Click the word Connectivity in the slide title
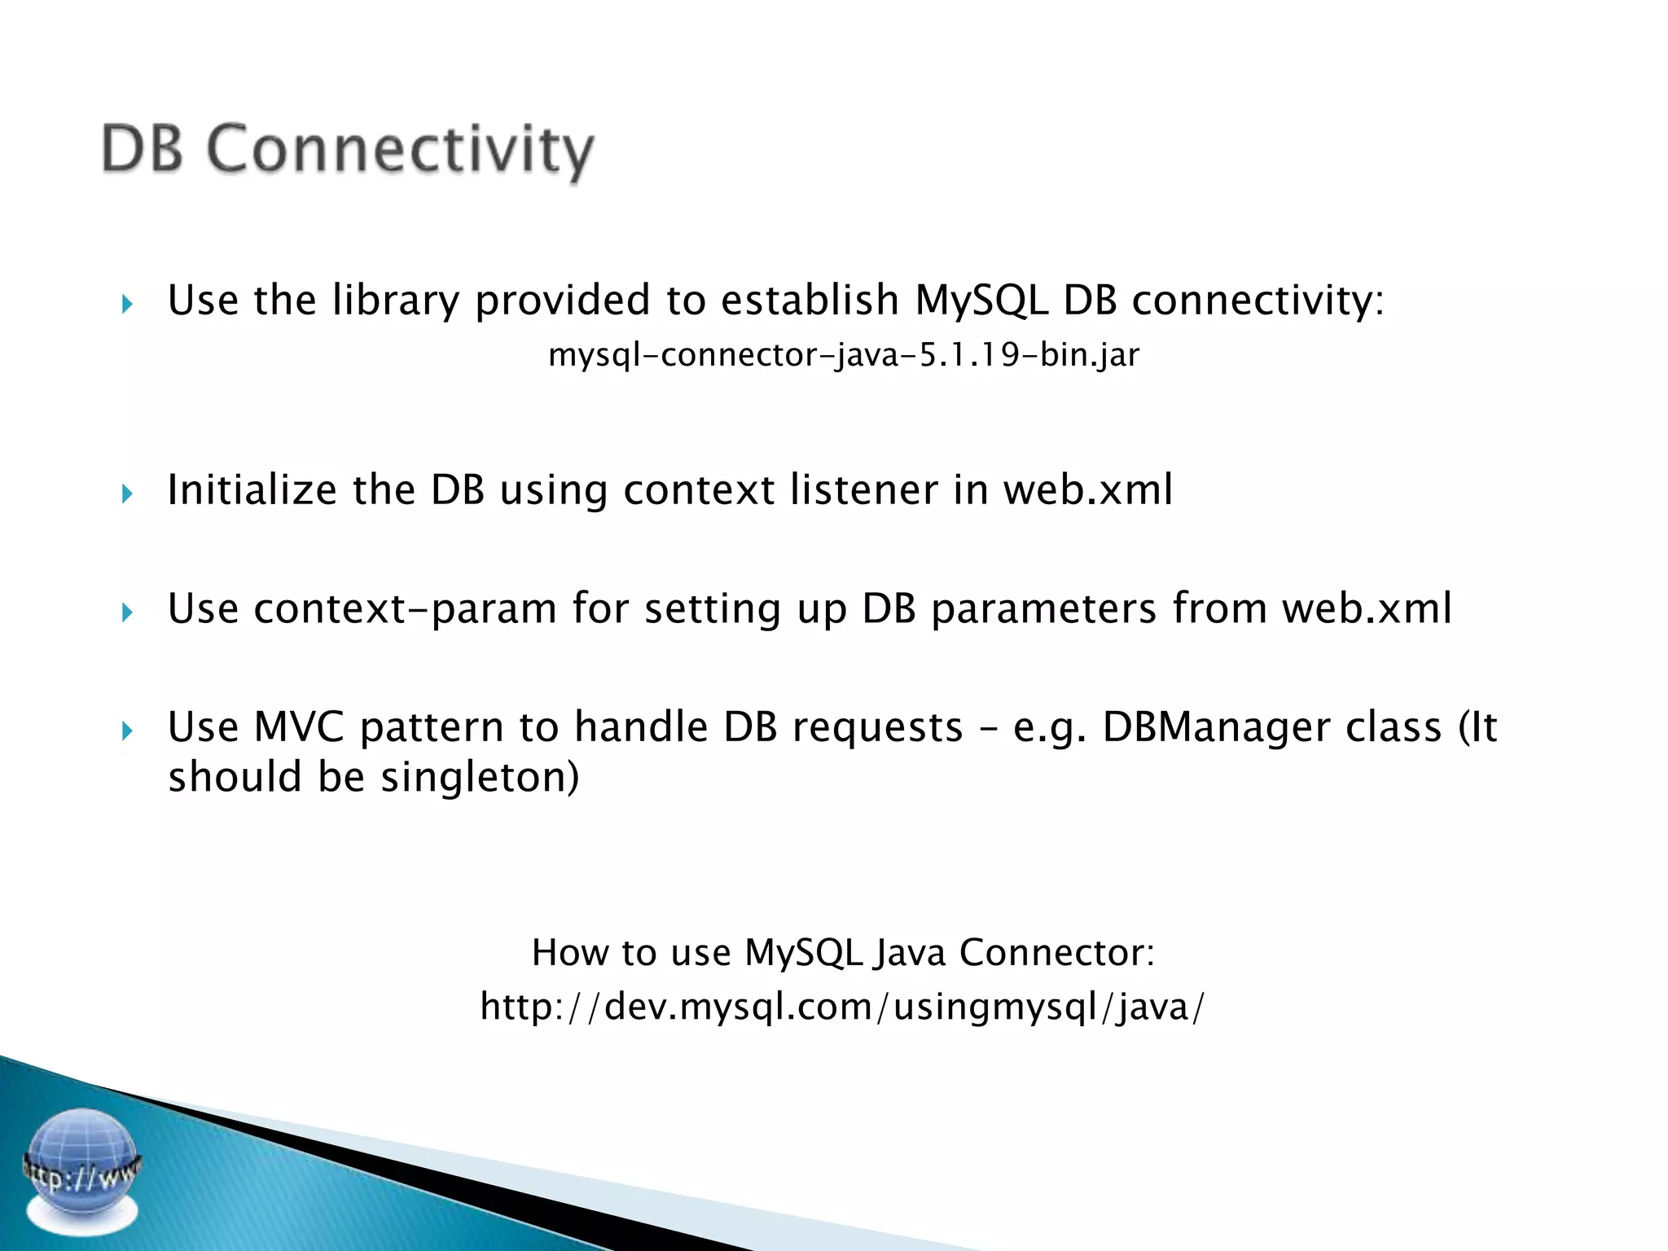click(x=400, y=151)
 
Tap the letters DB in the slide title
click(x=142, y=149)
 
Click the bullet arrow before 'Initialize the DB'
click(x=127, y=493)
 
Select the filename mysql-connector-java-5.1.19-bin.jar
click(x=844, y=355)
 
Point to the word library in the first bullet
click(x=396, y=301)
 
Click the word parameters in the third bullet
click(x=1043, y=609)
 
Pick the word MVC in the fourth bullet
click(x=299, y=726)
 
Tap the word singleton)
click(x=480, y=777)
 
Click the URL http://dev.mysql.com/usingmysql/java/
click(x=842, y=1007)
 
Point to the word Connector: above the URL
click(x=1056, y=953)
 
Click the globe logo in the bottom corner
click(x=81, y=1170)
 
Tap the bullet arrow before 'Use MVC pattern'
click(x=127, y=731)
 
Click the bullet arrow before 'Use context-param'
click(x=127, y=612)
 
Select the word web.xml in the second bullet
click(x=1087, y=490)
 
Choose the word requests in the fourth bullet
click(x=877, y=726)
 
